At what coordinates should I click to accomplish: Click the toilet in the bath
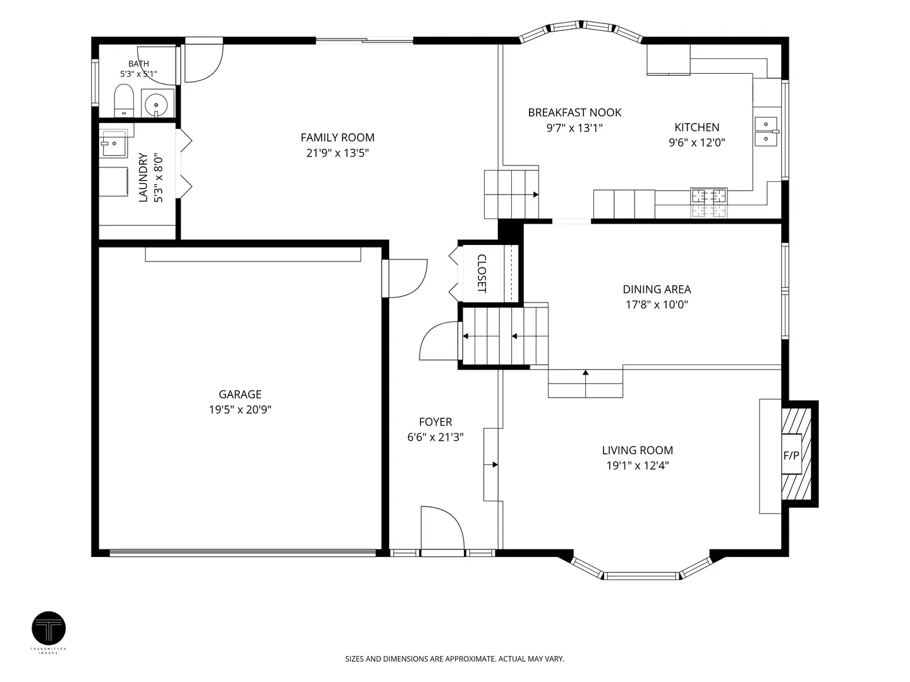click(124, 100)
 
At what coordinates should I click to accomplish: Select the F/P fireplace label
click(791, 455)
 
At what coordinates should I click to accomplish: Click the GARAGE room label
click(240, 394)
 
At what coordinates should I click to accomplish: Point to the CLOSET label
click(482, 273)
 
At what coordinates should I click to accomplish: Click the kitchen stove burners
click(708, 203)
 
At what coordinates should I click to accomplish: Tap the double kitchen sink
click(766, 131)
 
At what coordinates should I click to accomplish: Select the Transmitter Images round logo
click(49, 628)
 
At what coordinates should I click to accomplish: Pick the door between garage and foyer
click(404, 278)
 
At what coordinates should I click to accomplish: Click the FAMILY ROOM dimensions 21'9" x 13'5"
click(337, 153)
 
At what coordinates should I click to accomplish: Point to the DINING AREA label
click(657, 289)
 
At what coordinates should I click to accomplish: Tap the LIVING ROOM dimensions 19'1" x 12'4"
click(638, 465)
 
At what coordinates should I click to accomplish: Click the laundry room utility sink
click(112, 143)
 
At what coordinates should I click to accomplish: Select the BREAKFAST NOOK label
click(574, 112)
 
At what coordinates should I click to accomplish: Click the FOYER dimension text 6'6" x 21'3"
click(435, 437)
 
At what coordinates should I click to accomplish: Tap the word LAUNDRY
click(143, 177)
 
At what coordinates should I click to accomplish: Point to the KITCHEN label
click(697, 127)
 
